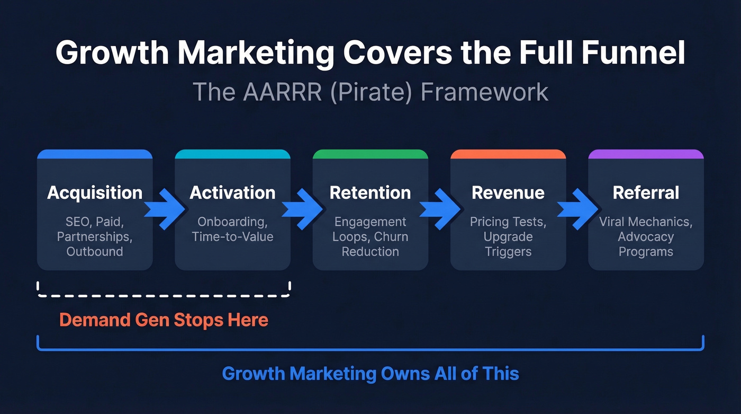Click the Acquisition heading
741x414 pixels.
pos(95,192)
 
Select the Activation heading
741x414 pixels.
pos(232,192)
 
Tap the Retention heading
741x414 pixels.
pos(370,192)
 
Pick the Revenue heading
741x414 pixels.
pos(508,192)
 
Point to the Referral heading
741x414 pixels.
pos(646,192)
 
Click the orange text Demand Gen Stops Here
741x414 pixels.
pos(164,320)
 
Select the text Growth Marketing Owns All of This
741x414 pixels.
pos(370,373)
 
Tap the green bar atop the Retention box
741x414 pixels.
pos(370,154)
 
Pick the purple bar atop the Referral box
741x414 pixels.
pos(646,154)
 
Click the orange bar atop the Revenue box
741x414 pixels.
pos(508,154)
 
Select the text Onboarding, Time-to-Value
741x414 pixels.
pos(232,229)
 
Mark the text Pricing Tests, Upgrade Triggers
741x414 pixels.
pos(508,236)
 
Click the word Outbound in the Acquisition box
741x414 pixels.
pos(95,251)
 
